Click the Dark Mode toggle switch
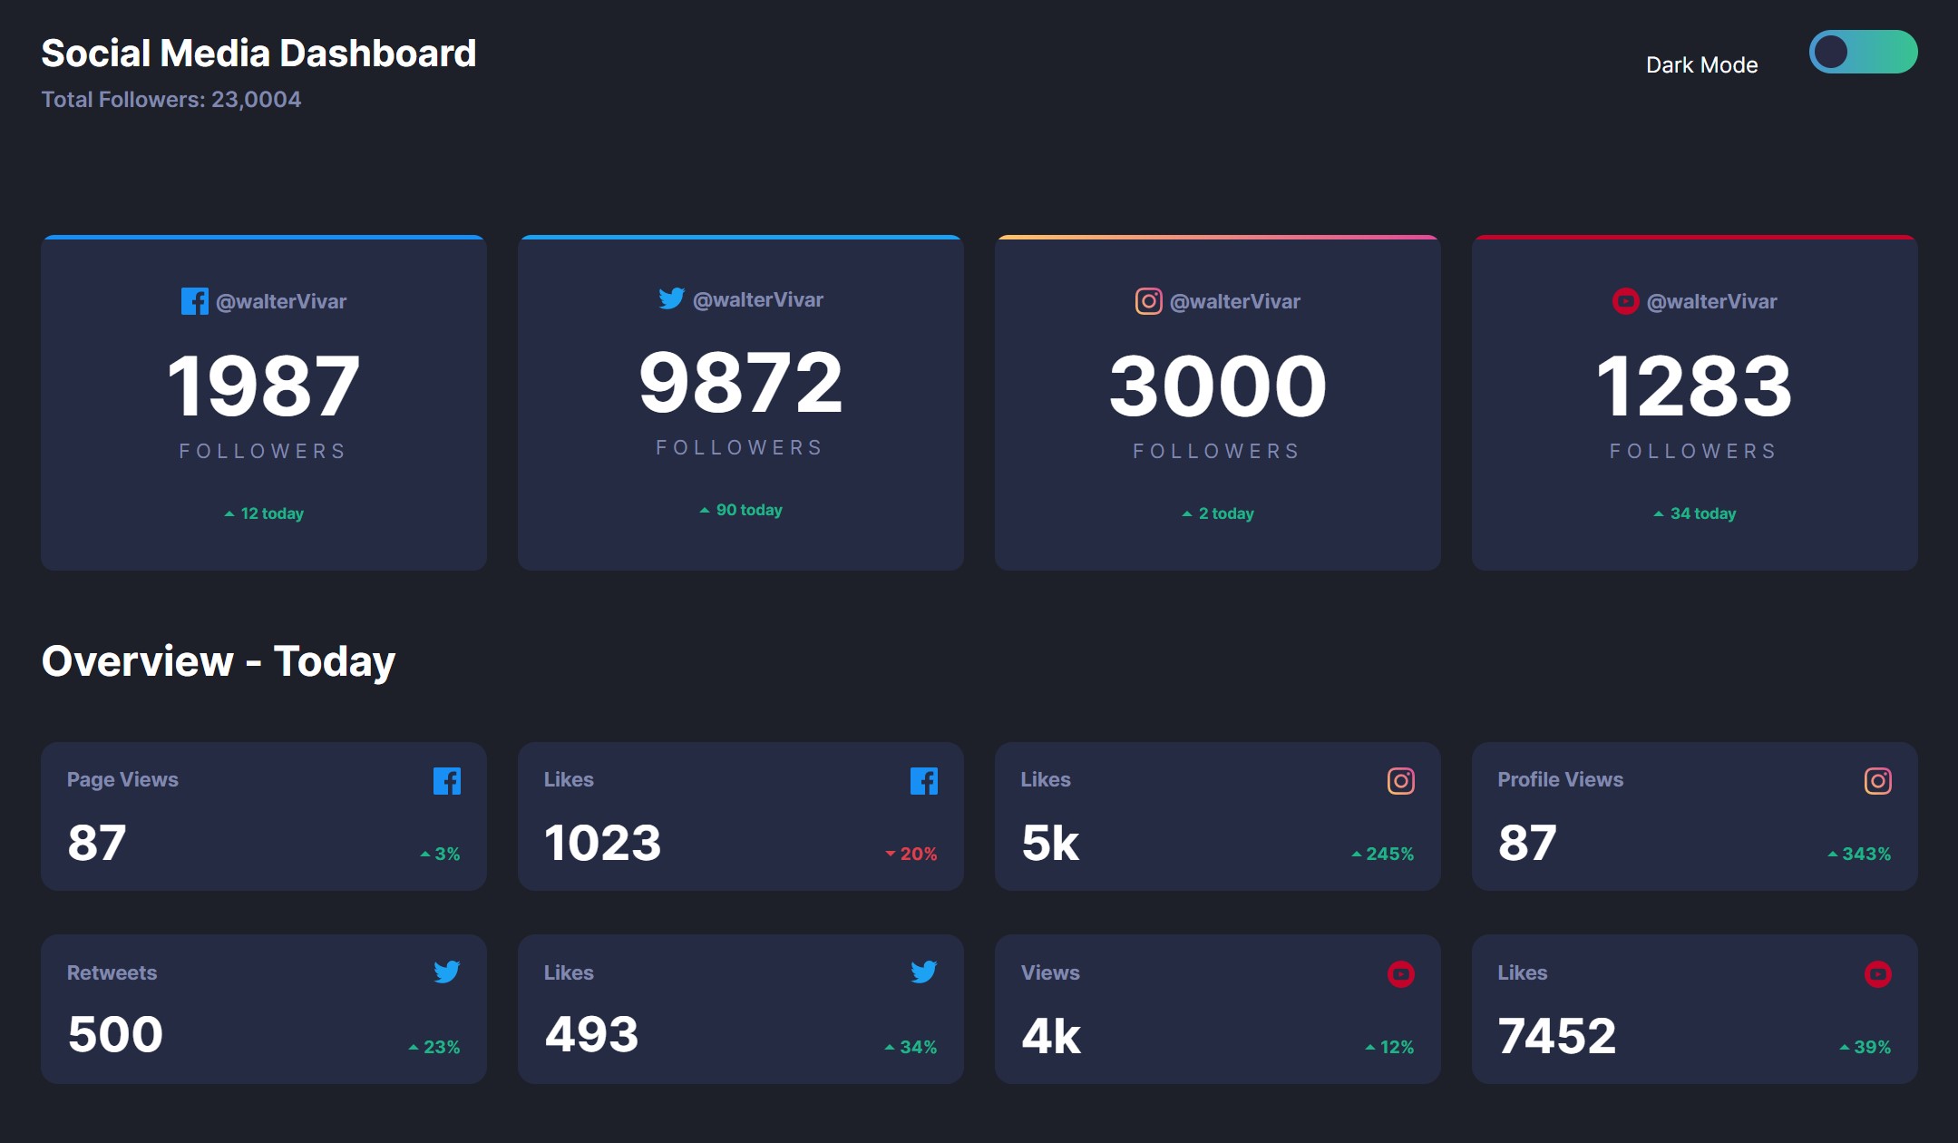pyautogui.click(x=1863, y=52)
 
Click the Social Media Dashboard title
pyautogui.click(x=258, y=54)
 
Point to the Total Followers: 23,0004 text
pyautogui.click(x=171, y=100)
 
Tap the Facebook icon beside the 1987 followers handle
pyautogui.click(x=194, y=301)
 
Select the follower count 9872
pyautogui.click(x=740, y=383)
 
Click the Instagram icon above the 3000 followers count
pyautogui.click(x=1148, y=301)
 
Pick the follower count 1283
pyautogui.click(x=1693, y=386)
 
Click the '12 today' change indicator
pyautogui.click(x=264, y=513)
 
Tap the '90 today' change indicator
pyautogui.click(x=741, y=510)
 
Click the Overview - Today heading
pyautogui.click(x=219, y=661)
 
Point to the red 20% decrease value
pyautogui.click(x=912, y=854)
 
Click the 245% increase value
pyautogui.click(x=1383, y=854)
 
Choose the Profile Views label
pyautogui.click(x=1560, y=779)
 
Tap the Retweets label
pyautogui.click(x=112, y=972)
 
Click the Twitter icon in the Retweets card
pyautogui.click(x=446, y=972)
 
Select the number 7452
pyautogui.click(x=1556, y=1035)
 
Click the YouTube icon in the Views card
pyautogui.click(x=1400, y=974)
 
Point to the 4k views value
pyautogui.click(x=1051, y=1036)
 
